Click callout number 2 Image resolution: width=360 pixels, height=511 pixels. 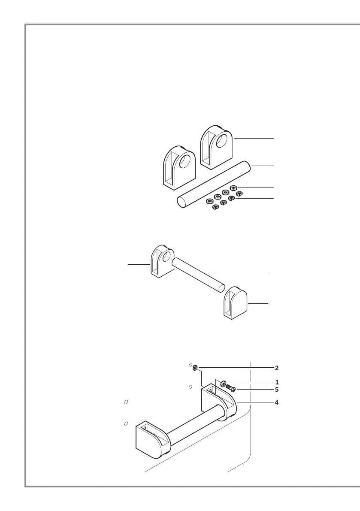tap(277, 368)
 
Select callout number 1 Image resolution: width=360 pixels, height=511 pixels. tap(277, 381)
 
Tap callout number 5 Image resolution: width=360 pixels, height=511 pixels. tap(277, 390)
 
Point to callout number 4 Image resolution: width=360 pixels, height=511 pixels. tap(277, 402)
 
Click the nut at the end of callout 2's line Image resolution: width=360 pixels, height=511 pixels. tap(195, 367)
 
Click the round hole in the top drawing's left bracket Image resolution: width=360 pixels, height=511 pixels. tap(185, 162)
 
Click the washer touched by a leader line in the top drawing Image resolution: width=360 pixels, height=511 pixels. tap(234, 187)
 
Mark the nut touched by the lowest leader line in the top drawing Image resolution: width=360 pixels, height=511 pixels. tap(232, 198)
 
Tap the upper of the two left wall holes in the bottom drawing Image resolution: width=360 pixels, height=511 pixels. tap(126, 402)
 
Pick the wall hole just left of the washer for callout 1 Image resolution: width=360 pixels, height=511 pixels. tap(190, 387)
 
